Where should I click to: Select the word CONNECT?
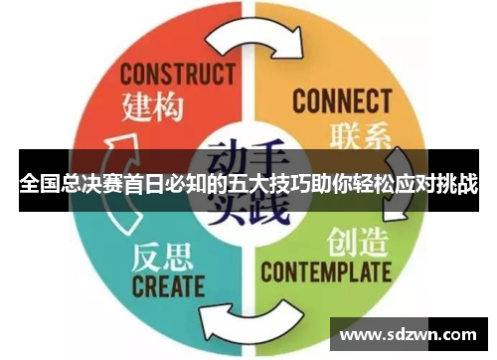(x=341, y=101)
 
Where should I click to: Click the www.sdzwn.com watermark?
(x=409, y=331)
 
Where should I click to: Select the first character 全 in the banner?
(x=28, y=186)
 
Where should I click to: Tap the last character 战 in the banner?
(x=466, y=186)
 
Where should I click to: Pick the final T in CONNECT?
(x=385, y=101)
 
